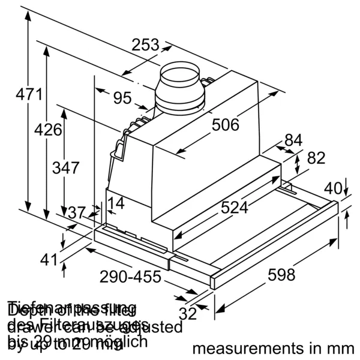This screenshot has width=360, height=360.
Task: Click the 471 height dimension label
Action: point(29,94)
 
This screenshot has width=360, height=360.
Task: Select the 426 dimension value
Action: point(48,130)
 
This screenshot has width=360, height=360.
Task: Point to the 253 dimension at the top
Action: point(146,44)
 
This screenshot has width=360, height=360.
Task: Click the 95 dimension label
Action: point(122,97)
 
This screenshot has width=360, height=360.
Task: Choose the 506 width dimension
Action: point(226,125)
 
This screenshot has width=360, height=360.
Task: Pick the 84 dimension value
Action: point(293,140)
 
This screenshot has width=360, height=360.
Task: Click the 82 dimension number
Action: point(316,158)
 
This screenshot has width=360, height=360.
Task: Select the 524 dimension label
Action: point(234,207)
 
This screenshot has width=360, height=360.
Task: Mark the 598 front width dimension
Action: point(281,275)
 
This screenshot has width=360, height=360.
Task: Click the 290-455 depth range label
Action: point(130,277)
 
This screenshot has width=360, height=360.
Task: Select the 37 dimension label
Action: point(76,212)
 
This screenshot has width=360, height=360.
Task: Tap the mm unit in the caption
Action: point(340,349)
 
